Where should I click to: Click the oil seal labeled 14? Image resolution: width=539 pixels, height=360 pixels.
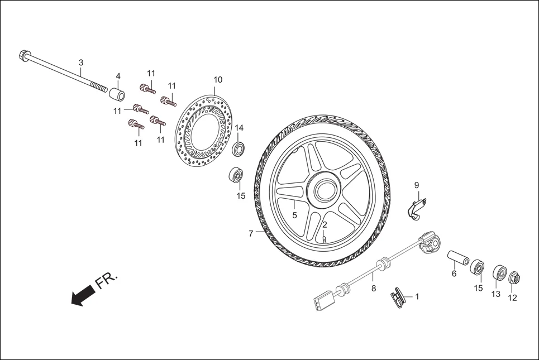pyautogui.click(x=239, y=148)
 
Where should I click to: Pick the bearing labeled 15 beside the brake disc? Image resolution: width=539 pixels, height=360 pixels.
pyautogui.click(x=236, y=176)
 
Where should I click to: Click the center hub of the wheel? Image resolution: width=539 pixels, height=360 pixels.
pyautogui.click(x=324, y=190)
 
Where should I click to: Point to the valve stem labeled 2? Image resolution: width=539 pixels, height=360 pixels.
pyautogui.click(x=324, y=239)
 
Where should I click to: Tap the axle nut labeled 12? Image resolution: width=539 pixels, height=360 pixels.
pyautogui.click(x=514, y=277)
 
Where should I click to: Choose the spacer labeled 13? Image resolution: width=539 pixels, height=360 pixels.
pyautogui.click(x=499, y=273)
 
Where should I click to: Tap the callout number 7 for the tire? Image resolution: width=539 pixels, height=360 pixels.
pyautogui.click(x=251, y=234)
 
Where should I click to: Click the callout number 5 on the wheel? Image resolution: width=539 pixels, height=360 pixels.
pyautogui.click(x=294, y=214)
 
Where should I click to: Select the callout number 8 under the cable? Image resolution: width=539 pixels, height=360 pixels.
pyautogui.click(x=374, y=289)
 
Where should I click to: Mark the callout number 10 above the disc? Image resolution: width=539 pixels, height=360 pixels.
pyautogui.click(x=218, y=80)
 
